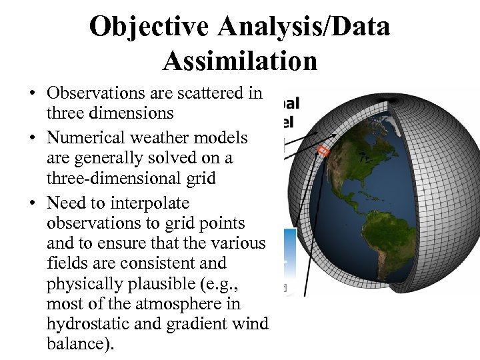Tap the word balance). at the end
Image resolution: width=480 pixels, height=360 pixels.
[x=81, y=344]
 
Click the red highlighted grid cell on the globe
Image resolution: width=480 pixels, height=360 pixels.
[x=323, y=151]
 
